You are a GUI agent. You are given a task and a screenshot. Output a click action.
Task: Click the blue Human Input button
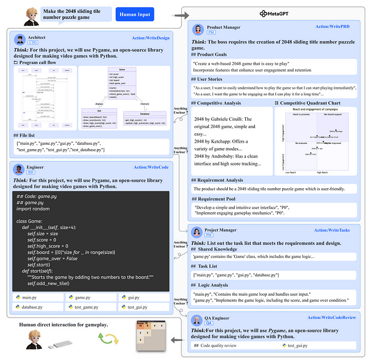[134, 14]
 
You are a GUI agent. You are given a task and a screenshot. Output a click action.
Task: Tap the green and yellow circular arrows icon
[105, 338]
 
